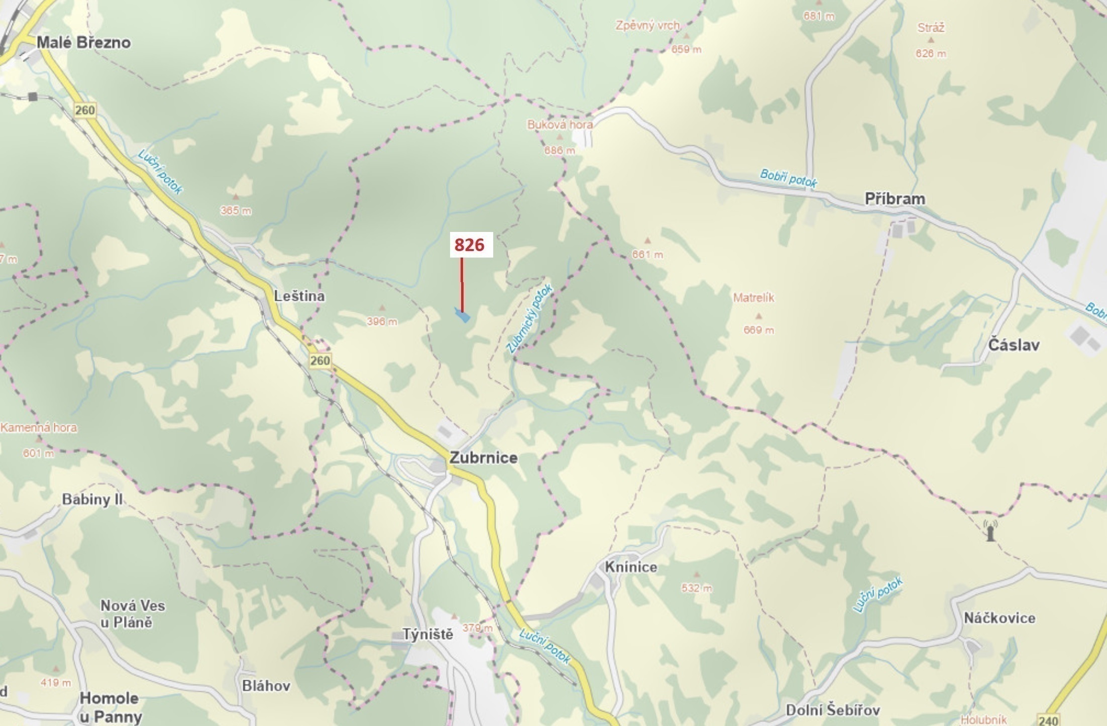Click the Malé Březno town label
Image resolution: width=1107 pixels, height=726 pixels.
[x=83, y=43]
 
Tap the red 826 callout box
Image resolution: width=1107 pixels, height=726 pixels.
[x=470, y=245]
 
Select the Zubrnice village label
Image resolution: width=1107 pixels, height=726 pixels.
[x=483, y=458]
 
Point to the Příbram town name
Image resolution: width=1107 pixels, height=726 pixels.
[x=895, y=199]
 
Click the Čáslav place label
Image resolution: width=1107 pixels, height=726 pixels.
[x=1014, y=345]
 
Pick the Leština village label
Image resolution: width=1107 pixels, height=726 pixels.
[x=299, y=296]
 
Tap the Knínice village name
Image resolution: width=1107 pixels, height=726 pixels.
[x=631, y=567]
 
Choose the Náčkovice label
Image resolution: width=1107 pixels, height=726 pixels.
[x=999, y=618]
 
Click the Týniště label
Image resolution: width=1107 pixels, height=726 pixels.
[x=428, y=635]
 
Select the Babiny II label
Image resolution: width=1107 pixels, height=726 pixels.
[x=92, y=500]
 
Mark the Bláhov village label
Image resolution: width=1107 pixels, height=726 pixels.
[x=266, y=686]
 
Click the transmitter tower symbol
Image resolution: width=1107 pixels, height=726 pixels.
[x=990, y=531]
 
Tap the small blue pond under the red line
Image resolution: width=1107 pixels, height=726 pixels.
[x=462, y=316]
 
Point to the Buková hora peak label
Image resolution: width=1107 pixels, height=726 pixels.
[x=560, y=125]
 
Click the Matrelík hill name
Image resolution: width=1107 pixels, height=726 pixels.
[x=753, y=298]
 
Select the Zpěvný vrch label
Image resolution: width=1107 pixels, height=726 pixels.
[x=648, y=25]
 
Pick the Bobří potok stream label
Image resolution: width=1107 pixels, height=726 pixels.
[x=788, y=178]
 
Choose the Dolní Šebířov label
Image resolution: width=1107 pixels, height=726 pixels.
[x=833, y=710]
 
